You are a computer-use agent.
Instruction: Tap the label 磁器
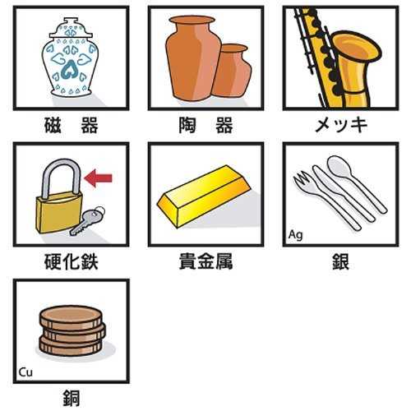[x=72, y=125]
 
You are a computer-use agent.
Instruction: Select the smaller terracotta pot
[x=233, y=71]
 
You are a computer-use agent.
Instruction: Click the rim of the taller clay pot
[x=192, y=20]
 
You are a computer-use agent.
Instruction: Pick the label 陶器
[x=205, y=125]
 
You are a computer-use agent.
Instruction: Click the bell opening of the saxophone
[x=357, y=48]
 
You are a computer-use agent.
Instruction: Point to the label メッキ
[x=341, y=125]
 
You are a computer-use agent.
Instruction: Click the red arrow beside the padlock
[x=98, y=178]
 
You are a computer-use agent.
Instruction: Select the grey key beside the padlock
[x=87, y=220]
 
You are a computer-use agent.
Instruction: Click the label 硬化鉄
[x=72, y=261]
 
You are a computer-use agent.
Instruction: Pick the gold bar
[x=204, y=196]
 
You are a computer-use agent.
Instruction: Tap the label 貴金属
[x=205, y=261]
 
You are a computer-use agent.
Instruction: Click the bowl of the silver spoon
[x=339, y=166]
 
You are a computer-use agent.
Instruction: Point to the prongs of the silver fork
[x=302, y=178]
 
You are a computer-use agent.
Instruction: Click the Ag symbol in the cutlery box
[x=296, y=235]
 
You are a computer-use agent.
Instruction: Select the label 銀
[x=340, y=261]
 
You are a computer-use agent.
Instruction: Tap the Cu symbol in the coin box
[x=25, y=372]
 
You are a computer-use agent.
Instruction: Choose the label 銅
[x=72, y=398]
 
